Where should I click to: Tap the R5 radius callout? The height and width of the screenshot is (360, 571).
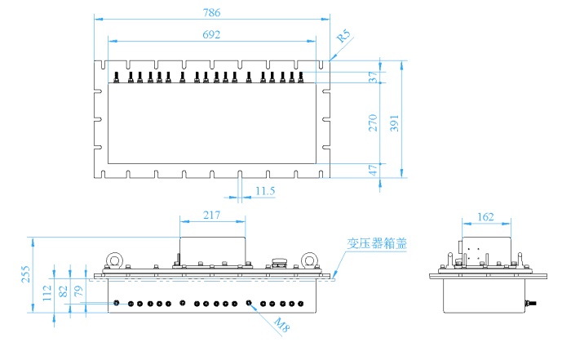click(x=343, y=37)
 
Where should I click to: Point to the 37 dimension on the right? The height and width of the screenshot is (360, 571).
click(x=373, y=77)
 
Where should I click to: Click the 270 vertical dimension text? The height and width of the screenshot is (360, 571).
click(x=373, y=122)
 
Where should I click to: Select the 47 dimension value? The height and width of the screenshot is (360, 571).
click(x=373, y=171)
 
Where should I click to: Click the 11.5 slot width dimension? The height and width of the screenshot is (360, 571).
click(x=265, y=191)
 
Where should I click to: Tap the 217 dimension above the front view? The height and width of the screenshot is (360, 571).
click(x=212, y=216)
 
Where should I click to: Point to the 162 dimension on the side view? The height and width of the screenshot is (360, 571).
click(x=487, y=216)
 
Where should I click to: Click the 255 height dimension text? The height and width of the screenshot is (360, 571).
click(x=25, y=275)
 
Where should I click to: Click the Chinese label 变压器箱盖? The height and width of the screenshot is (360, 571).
click(x=375, y=242)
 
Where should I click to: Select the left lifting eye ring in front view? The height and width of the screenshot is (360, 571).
click(x=115, y=260)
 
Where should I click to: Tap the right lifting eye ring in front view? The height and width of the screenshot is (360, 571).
click(x=308, y=260)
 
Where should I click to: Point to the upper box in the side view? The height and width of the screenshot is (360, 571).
click(x=487, y=250)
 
